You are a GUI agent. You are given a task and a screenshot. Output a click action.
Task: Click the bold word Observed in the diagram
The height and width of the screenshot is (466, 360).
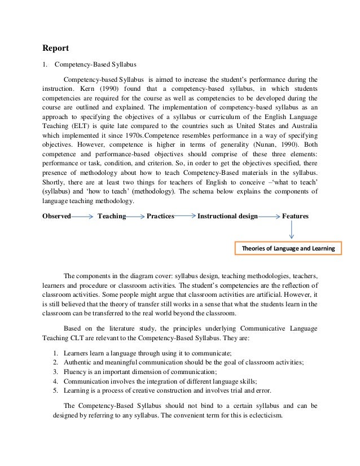57,216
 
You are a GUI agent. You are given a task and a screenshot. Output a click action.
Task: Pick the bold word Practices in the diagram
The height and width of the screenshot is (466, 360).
160,216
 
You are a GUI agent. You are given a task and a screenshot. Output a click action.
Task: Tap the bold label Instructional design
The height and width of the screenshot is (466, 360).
227,216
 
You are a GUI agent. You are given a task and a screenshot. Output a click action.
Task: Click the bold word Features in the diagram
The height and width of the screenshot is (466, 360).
295,216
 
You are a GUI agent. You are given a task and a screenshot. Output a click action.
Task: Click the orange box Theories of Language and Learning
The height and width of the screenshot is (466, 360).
288,248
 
